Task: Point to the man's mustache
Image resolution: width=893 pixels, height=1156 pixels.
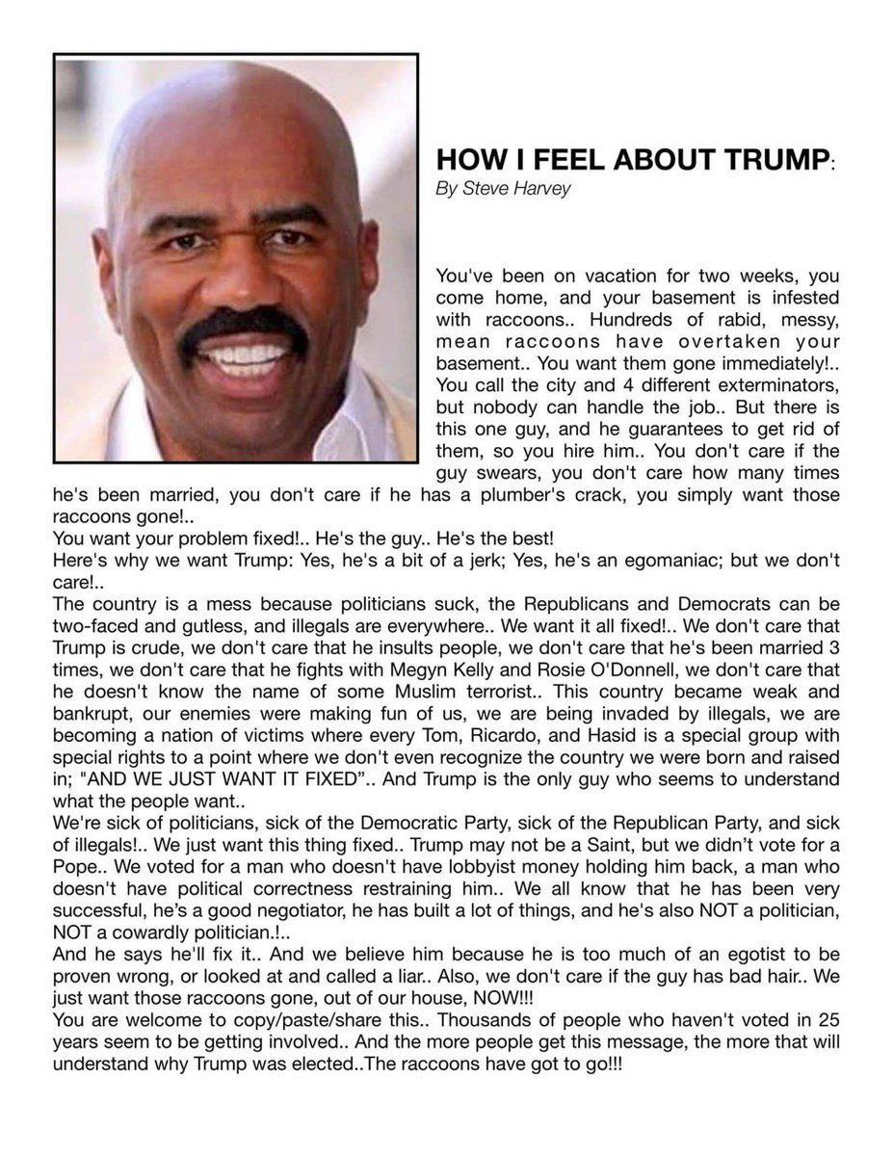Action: [x=246, y=328]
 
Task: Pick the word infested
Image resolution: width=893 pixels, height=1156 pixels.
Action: [x=797, y=298]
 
